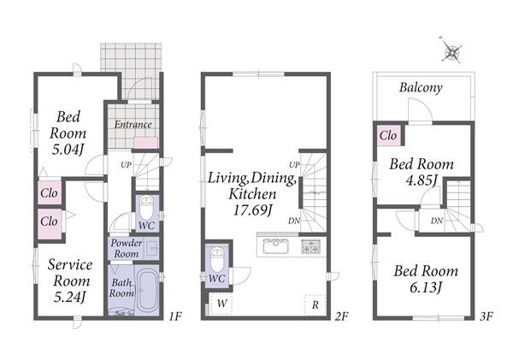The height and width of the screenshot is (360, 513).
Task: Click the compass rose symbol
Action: pyautogui.click(x=451, y=50)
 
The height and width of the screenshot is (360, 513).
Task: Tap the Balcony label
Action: pyautogui.click(x=421, y=87)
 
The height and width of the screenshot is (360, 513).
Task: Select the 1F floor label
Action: pyautogui.click(x=175, y=316)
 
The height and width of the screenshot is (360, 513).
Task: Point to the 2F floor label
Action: pyautogui.click(x=342, y=316)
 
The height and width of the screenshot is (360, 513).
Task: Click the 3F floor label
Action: pyautogui.click(x=486, y=316)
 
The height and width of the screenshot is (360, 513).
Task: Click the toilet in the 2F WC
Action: pyautogui.click(x=216, y=258)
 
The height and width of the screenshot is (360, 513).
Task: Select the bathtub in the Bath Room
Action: pyautogui.click(x=147, y=290)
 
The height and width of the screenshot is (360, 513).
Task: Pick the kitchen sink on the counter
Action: pyautogui.click(x=276, y=246)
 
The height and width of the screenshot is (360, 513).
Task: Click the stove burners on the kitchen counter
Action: pyautogui.click(x=311, y=246)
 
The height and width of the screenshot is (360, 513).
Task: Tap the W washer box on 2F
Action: pyautogui.click(x=221, y=304)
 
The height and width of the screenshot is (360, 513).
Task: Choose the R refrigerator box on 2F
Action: pyautogui.click(x=315, y=305)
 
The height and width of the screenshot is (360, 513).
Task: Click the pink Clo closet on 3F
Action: pyautogui.click(x=388, y=135)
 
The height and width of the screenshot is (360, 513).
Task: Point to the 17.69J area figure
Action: pyautogui.click(x=252, y=210)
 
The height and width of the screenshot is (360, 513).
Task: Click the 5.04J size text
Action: pyautogui.click(x=68, y=150)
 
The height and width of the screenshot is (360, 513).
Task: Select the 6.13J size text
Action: pyautogui.click(x=426, y=287)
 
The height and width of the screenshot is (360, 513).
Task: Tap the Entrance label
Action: pyautogui.click(x=133, y=124)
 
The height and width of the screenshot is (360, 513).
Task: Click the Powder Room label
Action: pyautogui.click(x=127, y=248)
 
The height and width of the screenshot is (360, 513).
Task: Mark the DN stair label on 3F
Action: pyautogui.click(x=436, y=221)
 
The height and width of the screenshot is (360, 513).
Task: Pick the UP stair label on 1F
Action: pyautogui.click(x=126, y=165)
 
